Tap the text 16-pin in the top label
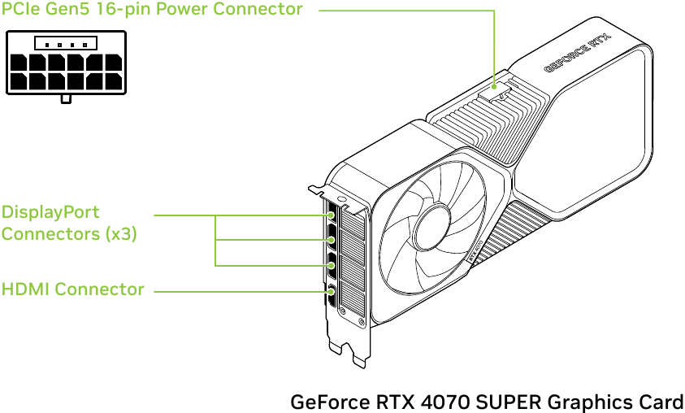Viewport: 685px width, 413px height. [x=122, y=10]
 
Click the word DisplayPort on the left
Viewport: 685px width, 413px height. [x=50, y=212]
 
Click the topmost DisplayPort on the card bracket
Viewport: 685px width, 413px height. [x=332, y=217]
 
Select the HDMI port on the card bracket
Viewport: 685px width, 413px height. [x=332, y=291]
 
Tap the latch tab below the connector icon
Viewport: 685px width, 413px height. [x=66, y=98]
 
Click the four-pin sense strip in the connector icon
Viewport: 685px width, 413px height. [x=66, y=44]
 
